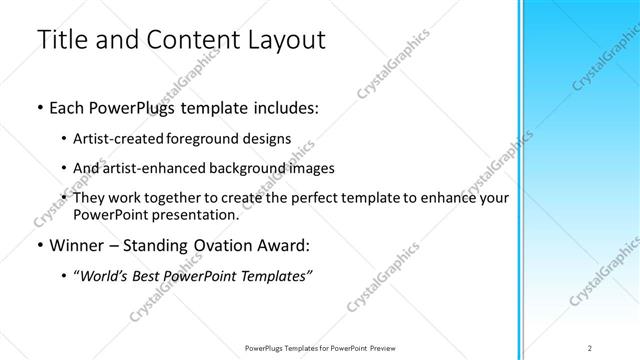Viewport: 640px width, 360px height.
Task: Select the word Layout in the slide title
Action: click(x=284, y=41)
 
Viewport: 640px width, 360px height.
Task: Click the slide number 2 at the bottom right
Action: click(x=589, y=347)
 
